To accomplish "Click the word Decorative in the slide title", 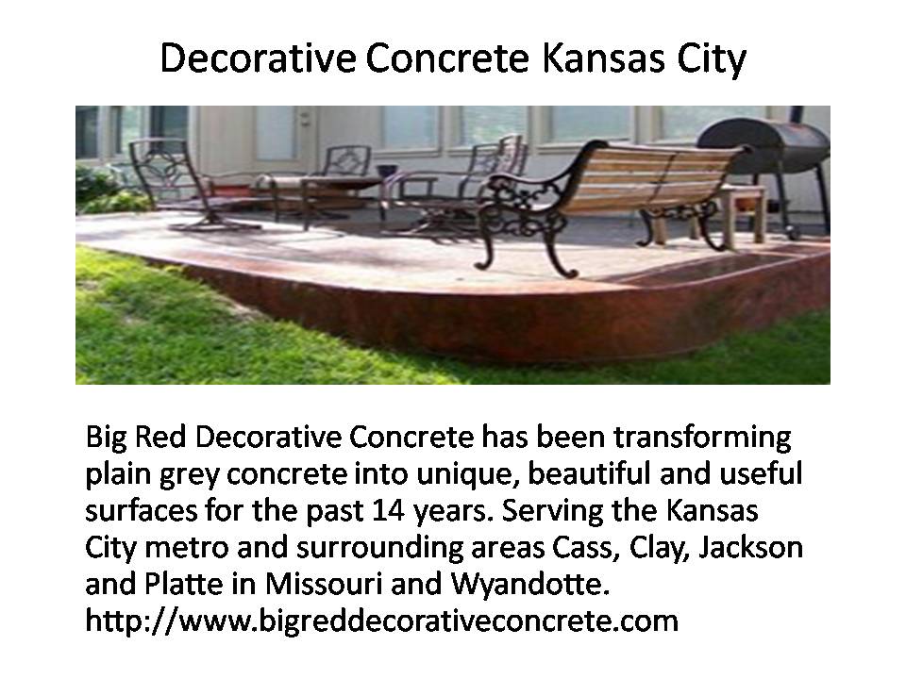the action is [258, 58].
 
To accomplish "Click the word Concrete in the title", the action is [447, 58].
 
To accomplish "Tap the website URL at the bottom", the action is [381, 621].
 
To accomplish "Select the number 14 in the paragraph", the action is [388, 510].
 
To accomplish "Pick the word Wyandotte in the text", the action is [529, 584].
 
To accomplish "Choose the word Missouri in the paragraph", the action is [324, 584].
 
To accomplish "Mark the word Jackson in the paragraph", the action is [750, 547].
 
